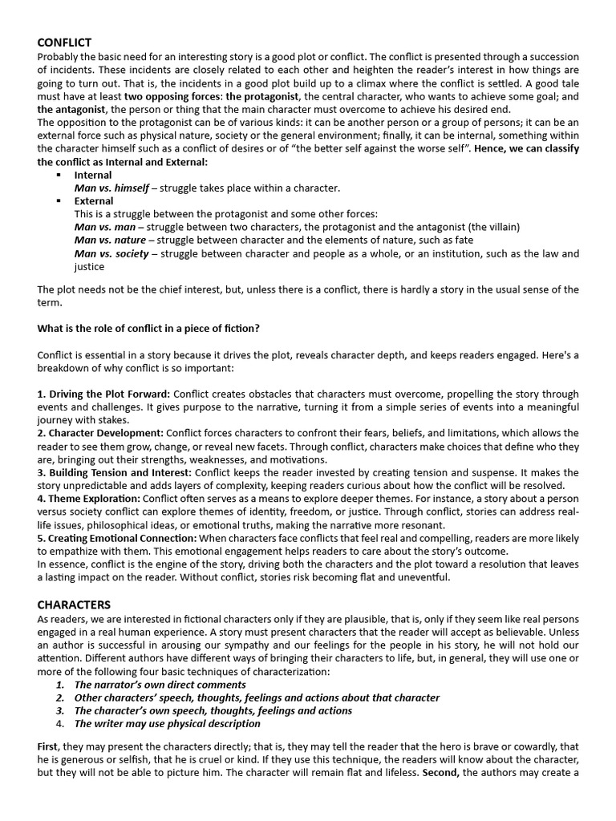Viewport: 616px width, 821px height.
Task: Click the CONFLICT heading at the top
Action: click(x=64, y=42)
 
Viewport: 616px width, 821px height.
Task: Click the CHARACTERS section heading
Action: click(x=74, y=604)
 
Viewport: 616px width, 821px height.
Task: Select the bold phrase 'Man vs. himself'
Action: click(x=111, y=188)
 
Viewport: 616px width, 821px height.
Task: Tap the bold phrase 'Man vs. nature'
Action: click(x=110, y=240)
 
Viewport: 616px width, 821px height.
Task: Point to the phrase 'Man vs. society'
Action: click(x=111, y=253)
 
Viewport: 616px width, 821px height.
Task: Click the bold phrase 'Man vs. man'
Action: click(x=104, y=227)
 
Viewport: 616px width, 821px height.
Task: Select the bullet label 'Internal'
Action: click(x=93, y=175)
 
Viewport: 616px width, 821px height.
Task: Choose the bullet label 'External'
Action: click(x=94, y=201)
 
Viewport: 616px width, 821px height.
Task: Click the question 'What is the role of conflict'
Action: click(x=148, y=328)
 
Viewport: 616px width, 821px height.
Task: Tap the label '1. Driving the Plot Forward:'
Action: click(x=103, y=394)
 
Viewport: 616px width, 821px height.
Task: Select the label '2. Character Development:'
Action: click(x=99, y=433)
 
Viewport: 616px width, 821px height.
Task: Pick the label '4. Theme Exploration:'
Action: click(x=89, y=499)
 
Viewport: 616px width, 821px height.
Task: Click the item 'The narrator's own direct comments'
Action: click(x=160, y=685)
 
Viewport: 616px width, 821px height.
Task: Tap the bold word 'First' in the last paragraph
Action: click(x=47, y=746)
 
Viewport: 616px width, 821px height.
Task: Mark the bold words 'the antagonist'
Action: click(x=72, y=109)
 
